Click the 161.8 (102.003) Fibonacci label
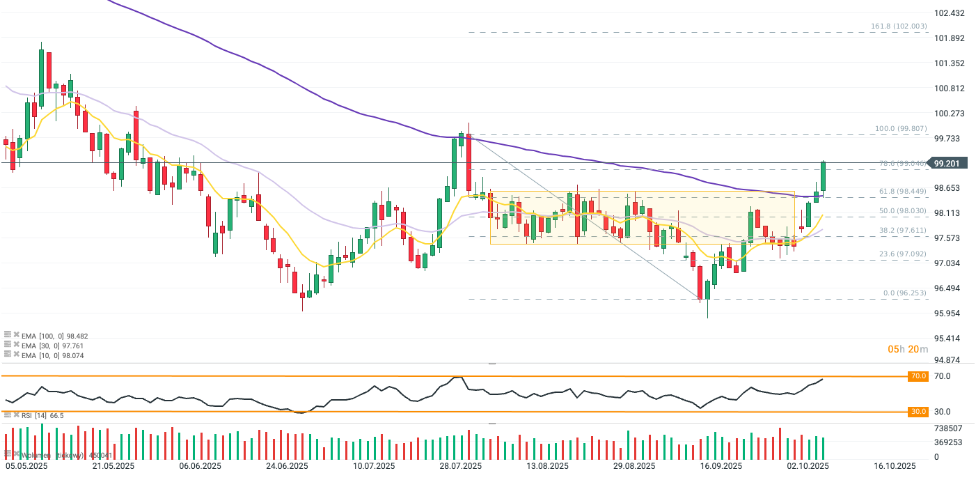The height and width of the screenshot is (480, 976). (x=899, y=26)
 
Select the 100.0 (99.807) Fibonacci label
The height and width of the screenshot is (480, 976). (x=901, y=129)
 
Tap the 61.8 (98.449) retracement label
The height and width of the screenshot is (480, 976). (x=903, y=191)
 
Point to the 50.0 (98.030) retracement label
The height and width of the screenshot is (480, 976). (x=903, y=211)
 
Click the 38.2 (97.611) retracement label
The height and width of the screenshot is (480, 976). (x=903, y=230)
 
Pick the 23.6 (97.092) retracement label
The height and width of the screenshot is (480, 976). (x=903, y=254)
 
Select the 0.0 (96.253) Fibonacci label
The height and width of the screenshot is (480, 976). (x=905, y=293)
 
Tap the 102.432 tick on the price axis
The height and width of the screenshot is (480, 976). (x=949, y=13)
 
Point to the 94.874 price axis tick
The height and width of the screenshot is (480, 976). (x=949, y=360)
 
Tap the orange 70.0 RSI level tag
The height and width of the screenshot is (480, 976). (x=918, y=376)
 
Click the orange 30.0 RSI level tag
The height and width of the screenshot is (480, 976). (x=918, y=412)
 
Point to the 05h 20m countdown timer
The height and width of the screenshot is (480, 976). (x=908, y=349)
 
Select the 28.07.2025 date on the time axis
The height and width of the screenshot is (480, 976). (x=460, y=466)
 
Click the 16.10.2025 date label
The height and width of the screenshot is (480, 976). (x=895, y=466)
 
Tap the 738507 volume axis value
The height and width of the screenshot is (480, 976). (x=947, y=428)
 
